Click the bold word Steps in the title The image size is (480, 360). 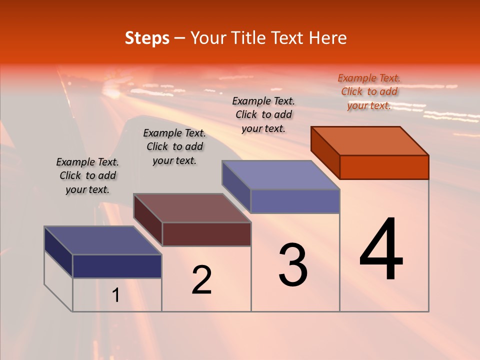pyautogui.click(x=147, y=38)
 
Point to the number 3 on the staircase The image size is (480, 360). pyautogui.click(x=293, y=265)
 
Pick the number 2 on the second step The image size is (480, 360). pyautogui.click(x=201, y=280)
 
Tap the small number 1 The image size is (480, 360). pyautogui.click(x=115, y=295)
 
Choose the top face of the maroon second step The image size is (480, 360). pyautogui.click(x=192, y=208)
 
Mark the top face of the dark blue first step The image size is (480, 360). pyautogui.click(x=103, y=240)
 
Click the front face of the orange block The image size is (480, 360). pyautogui.click(x=384, y=167)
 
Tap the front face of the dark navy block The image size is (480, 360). pyautogui.click(x=117, y=266)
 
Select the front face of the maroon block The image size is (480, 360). pyautogui.click(x=206, y=234)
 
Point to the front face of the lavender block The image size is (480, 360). pyautogui.click(x=295, y=201)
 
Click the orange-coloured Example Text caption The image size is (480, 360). pyautogui.click(x=369, y=91)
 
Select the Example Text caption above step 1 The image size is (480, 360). pyautogui.click(x=87, y=175)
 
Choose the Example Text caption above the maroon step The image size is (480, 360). pyautogui.click(x=174, y=146)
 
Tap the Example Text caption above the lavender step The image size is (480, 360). pyautogui.click(x=263, y=114)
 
